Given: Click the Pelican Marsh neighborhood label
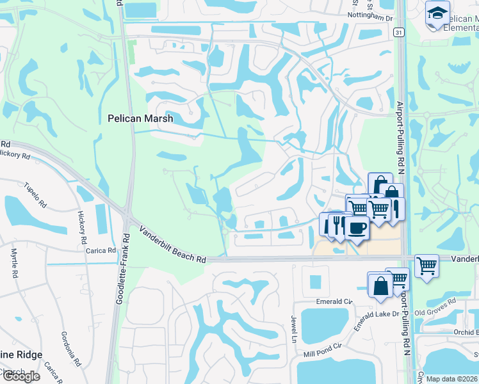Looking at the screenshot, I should tap(137, 118).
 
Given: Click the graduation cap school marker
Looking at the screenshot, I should tap(437, 13).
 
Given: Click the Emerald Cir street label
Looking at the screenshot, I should tap(334, 300).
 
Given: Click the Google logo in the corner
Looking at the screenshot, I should tap(21, 376).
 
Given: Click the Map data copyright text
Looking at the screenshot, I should tap(451, 379).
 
